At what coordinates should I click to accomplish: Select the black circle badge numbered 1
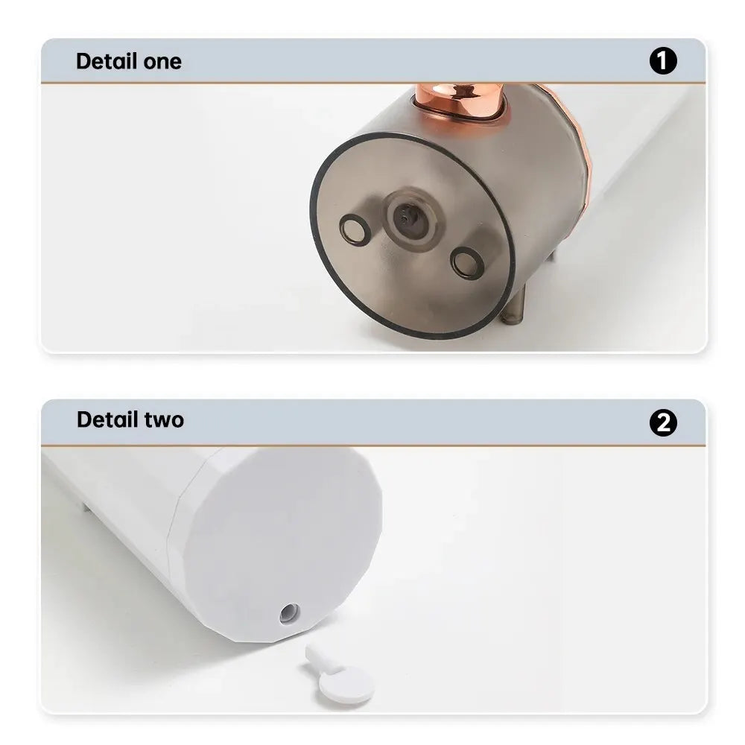point(663,61)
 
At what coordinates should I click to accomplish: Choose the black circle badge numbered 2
point(663,423)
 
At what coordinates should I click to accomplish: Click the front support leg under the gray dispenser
point(513,310)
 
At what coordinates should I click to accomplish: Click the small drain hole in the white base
point(289,614)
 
